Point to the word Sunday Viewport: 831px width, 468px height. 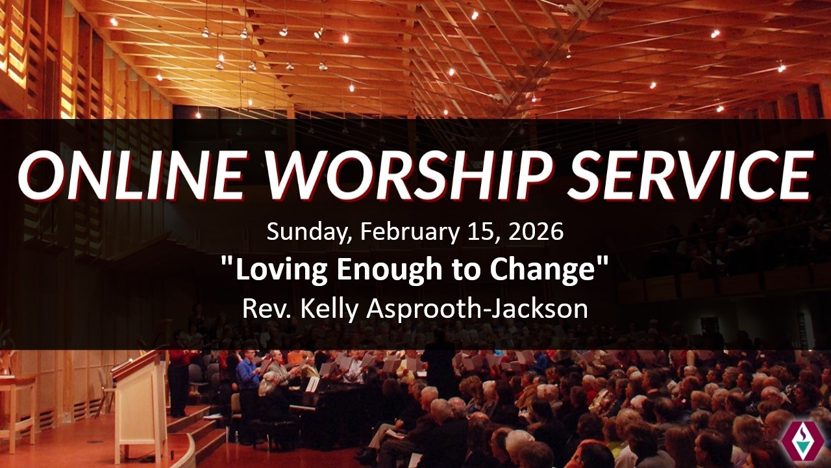(309, 232)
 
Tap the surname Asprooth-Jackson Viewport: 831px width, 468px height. (477, 309)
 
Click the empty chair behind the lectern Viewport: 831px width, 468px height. (195, 378)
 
